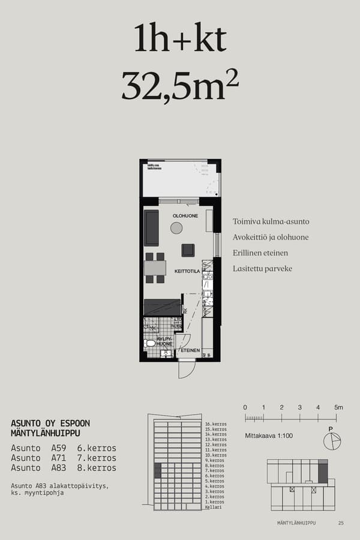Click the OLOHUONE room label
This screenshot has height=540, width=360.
[185, 215]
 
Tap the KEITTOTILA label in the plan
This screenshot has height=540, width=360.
[187, 271]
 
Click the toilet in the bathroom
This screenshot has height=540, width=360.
[149, 343]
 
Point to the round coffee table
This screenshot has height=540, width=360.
[176, 227]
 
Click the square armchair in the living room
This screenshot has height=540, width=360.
[188, 250]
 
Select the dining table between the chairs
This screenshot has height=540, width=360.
[155, 268]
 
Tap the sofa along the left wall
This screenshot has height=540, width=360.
[151, 227]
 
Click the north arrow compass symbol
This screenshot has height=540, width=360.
[331, 441]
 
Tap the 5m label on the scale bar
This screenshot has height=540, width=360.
[338, 408]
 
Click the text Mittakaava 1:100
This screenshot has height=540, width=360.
[269, 436]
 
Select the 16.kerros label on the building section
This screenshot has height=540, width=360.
[215, 424]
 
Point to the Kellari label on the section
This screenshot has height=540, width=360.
[213, 507]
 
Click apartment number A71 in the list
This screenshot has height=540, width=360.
[59, 458]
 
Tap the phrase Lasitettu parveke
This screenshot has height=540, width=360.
[262, 268]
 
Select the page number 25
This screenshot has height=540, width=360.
[341, 523]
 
